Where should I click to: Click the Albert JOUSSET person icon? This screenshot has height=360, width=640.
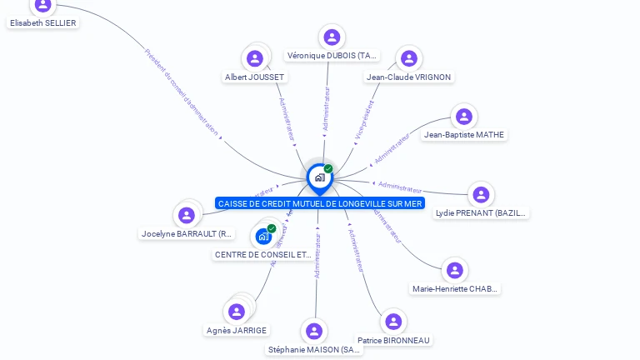(x=255, y=58)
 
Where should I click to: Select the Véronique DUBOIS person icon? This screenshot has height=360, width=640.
(x=332, y=37)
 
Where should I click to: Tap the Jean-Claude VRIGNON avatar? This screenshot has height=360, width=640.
(x=408, y=58)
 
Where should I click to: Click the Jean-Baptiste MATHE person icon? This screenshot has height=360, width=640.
(x=464, y=117)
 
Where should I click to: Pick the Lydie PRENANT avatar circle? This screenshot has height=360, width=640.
(x=481, y=195)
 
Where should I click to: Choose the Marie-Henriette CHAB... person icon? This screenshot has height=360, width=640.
(x=454, y=270)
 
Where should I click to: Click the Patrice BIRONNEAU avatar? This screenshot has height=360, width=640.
(x=393, y=322)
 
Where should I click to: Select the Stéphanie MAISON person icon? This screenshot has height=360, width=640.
(x=314, y=332)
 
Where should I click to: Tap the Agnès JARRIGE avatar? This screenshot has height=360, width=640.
(x=237, y=312)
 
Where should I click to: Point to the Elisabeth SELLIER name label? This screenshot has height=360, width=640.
(x=42, y=23)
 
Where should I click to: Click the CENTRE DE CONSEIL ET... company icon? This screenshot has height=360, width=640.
(x=264, y=236)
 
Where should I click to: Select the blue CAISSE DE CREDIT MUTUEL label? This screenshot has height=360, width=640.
(x=320, y=203)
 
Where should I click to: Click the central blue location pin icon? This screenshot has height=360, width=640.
(x=319, y=177)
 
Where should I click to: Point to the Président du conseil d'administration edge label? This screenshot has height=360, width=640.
(x=182, y=92)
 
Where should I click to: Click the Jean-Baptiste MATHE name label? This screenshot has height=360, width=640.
(x=464, y=135)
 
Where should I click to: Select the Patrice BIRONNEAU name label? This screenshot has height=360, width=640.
(x=394, y=340)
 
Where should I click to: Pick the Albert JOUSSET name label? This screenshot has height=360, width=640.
(x=255, y=77)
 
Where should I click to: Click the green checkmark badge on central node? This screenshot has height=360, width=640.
(x=328, y=169)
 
